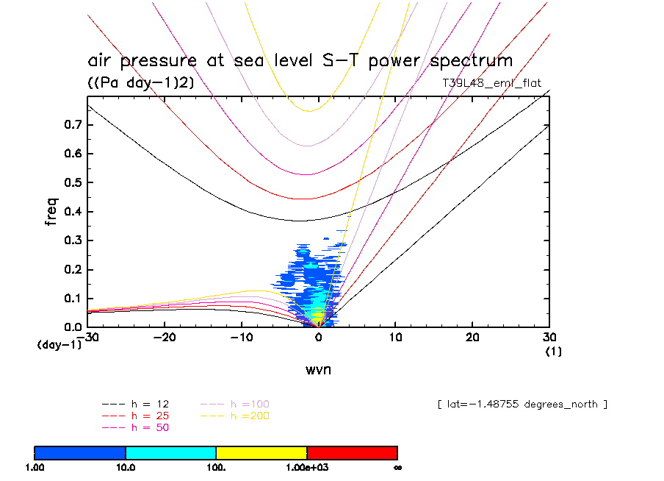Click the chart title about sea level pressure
coord(300,60)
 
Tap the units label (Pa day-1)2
coord(141,83)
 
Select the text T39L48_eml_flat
coord(491,83)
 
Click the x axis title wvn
coord(318,369)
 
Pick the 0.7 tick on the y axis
coord(71,125)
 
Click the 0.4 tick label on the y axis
coord(71,212)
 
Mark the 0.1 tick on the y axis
coord(71,298)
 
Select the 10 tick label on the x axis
coord(395,338)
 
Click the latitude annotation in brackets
coord(522,404)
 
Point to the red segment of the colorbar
coord(352,452)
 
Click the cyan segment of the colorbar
coord(170,452)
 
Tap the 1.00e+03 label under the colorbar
coord(306,467)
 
